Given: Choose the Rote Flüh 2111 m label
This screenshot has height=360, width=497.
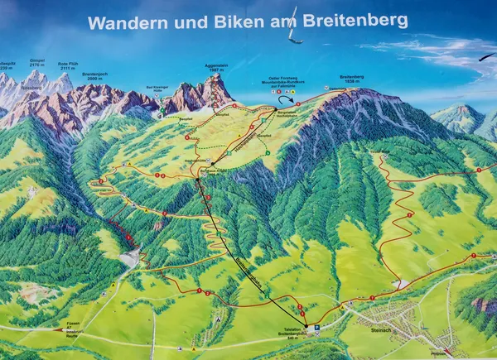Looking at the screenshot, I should [x=67, y=66].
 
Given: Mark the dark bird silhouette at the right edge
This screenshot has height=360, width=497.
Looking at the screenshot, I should [x=488, y=57].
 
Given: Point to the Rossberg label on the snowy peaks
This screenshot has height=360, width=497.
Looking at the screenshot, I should [x=31, y=86].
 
